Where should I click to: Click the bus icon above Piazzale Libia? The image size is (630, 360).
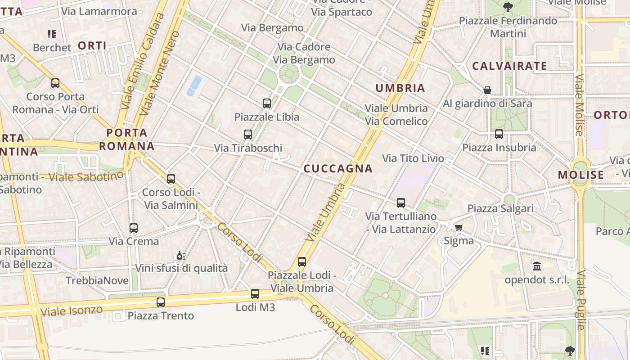point(267,103)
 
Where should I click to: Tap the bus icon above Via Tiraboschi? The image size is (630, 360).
point(247,134)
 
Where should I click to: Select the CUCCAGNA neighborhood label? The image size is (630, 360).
point(338,169)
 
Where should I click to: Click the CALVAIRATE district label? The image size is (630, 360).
point(509,66)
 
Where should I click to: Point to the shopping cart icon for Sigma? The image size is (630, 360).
point(459,227)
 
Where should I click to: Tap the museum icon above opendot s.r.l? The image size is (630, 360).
point(537,266)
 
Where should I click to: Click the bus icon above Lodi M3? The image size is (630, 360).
point(255,294)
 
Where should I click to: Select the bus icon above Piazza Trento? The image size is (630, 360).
point(161,302)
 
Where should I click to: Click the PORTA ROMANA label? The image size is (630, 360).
point(126,139)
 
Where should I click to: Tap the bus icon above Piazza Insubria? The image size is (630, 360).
point(499,134)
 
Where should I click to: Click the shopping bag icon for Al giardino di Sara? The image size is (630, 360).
point(487,90)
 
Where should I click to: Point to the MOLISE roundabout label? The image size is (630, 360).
point(581,175)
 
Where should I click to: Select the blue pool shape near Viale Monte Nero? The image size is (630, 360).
point(194,85)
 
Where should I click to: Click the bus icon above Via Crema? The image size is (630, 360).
point(133,228)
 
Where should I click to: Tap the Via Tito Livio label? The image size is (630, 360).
point(413,158)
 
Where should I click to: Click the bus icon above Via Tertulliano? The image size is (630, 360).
point(400,203)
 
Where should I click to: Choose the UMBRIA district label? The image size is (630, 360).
point(400,88)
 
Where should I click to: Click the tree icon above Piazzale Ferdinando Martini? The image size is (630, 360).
point(508,7)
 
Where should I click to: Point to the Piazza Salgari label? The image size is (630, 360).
point(500,208)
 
